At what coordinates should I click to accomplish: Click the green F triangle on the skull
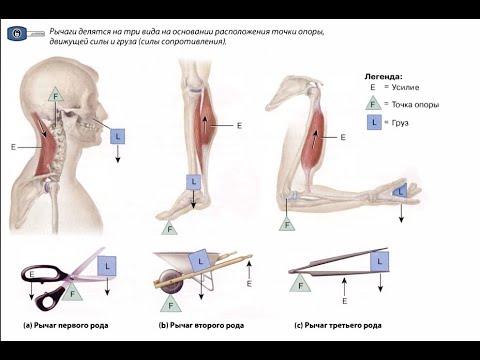[x=56, y=95]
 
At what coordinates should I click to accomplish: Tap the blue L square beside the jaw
[x=117, y=136]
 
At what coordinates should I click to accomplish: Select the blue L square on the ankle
[x=194, y=182]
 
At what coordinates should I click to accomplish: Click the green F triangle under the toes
[x=170, y=228]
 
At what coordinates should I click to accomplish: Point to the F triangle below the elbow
[x=287, y=224]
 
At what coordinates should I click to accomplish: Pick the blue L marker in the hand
[x=400, y=191]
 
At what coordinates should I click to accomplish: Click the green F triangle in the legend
[x=373, y=103]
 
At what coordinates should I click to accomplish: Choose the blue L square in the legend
[x=374, y=122]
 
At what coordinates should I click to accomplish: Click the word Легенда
[x=383, y=77]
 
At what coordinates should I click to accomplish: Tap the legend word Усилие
[x=405, y=87]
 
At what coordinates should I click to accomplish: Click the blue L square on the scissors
[x=107, y=266]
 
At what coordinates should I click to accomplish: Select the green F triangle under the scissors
[x=72, y=292]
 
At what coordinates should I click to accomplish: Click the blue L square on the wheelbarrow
[x=200, y=261]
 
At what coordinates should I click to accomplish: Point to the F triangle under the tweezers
[x=300, y=284]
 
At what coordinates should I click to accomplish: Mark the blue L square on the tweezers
[x=379, y=261]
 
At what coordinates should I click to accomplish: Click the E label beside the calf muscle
[x=239, y=126]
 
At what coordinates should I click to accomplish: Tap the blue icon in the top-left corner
[x=17, y=33]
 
